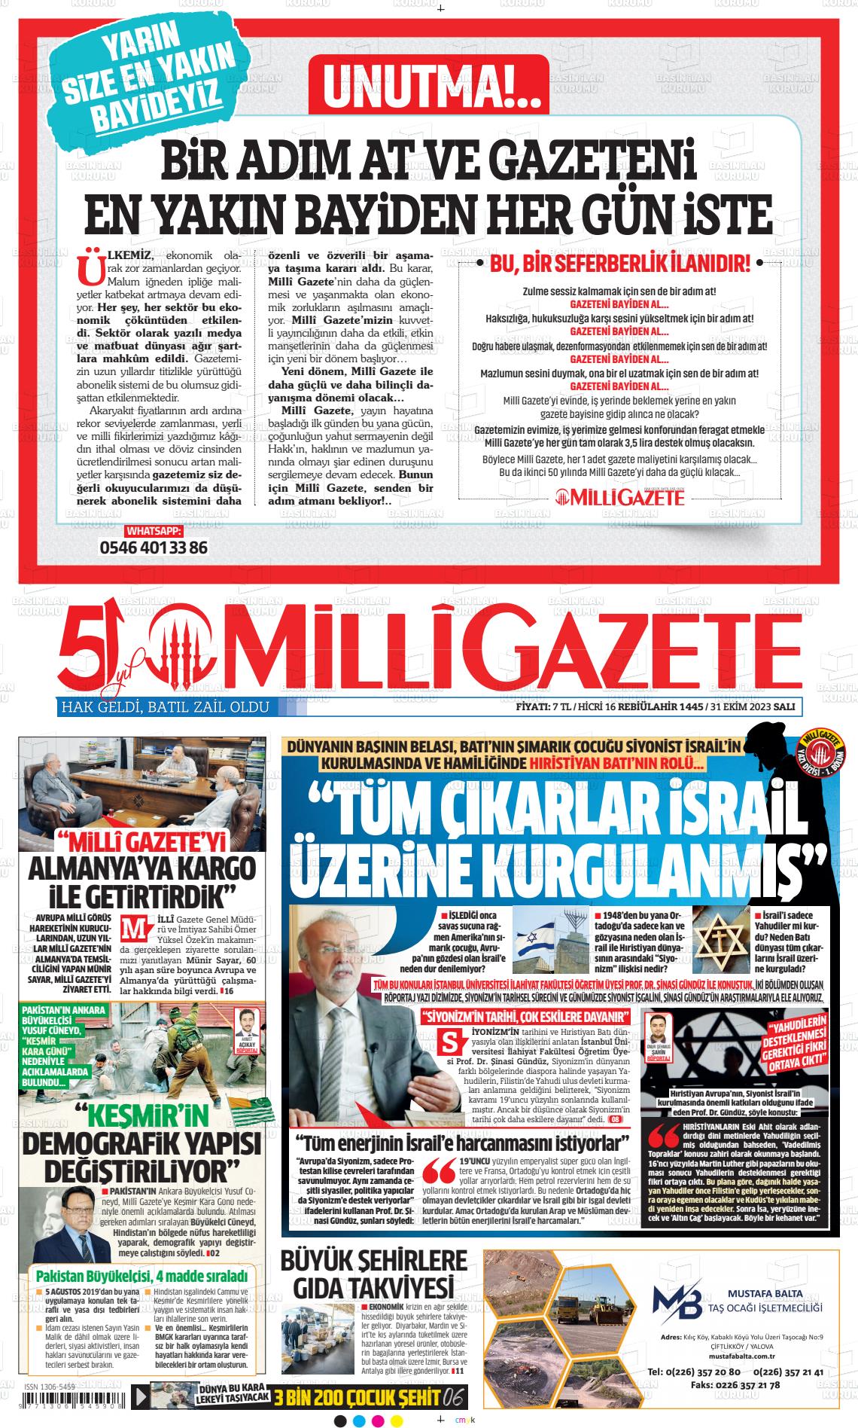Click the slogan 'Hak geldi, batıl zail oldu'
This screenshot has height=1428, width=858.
click(164, 707)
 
